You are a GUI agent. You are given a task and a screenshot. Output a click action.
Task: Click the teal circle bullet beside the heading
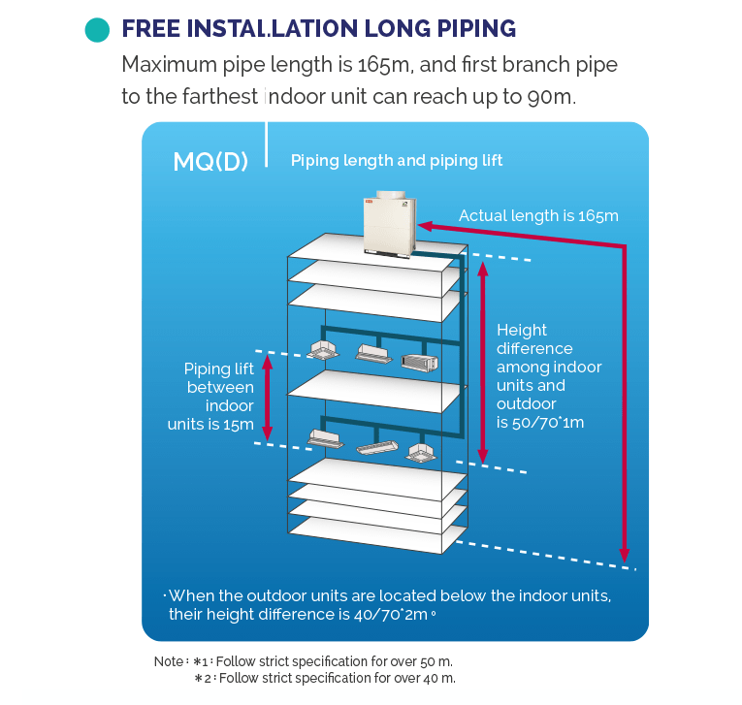98,30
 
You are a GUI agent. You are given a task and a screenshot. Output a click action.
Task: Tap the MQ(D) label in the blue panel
210,162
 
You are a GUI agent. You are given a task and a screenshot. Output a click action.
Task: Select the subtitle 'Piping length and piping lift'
397,161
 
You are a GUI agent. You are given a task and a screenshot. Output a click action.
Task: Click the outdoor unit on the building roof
390,224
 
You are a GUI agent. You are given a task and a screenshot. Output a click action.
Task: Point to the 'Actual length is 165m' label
538,215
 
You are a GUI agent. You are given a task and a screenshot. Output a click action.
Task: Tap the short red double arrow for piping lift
268,398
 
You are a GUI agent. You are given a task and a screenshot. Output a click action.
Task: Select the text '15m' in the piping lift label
238,425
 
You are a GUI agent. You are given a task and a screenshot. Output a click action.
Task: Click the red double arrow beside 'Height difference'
483,363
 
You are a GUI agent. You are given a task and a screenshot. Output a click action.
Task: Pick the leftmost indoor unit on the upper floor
323,350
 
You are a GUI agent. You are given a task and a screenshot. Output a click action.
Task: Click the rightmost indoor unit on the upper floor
419,363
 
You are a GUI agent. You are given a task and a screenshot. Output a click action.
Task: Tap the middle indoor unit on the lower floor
377,447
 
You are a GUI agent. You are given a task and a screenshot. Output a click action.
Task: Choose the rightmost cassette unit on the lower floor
421,453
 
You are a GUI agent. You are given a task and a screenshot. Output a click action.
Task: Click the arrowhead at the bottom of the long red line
625,555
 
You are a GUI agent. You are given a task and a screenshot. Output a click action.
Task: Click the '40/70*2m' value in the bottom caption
391,614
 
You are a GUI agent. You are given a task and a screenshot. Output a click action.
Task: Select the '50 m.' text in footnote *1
436,661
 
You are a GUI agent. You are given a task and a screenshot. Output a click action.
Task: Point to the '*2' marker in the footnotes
203,679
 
